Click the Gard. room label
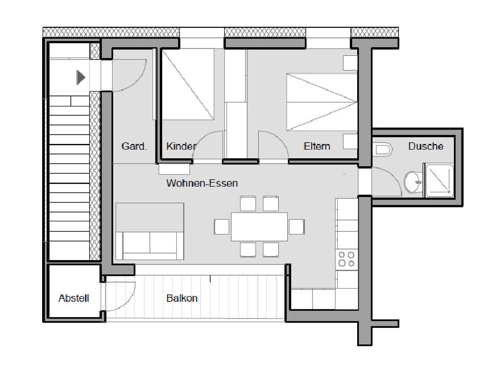click(x=134, y=146)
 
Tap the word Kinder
click(x=181, y=146)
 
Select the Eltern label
click(x=317, y=146)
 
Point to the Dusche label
click(x=425, y=146)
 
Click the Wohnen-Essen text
click(x=202, y=183)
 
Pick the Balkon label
click(x=182, y=298)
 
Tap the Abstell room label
click(x=73, y=298)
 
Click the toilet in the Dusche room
click(x=382, y=149)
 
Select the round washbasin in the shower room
click(x=414, y=182)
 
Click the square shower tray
click(x=439, y=180)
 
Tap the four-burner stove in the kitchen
click(x=346, y=259)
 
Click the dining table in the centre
click(x=259, y=227)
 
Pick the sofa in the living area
click(x=150, y=231)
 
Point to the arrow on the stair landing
click(x=81, y=77)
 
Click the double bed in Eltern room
click(x=322, y=102)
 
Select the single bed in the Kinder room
click(x=188, y=84)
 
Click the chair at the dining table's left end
click(x=222, y=227)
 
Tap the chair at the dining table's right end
click(x=296, y=227)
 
